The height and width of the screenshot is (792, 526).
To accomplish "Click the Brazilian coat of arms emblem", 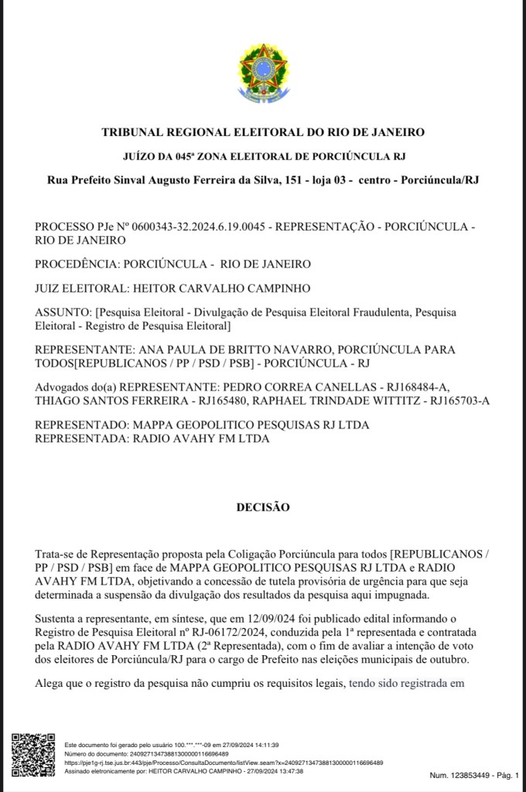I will click(262, 74).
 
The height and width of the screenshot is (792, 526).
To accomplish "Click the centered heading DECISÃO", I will click(262, 507).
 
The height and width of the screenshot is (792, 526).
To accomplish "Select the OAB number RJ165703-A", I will click(459, 400).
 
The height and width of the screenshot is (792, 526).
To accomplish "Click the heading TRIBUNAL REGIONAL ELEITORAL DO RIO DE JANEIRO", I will click(263, 132).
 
